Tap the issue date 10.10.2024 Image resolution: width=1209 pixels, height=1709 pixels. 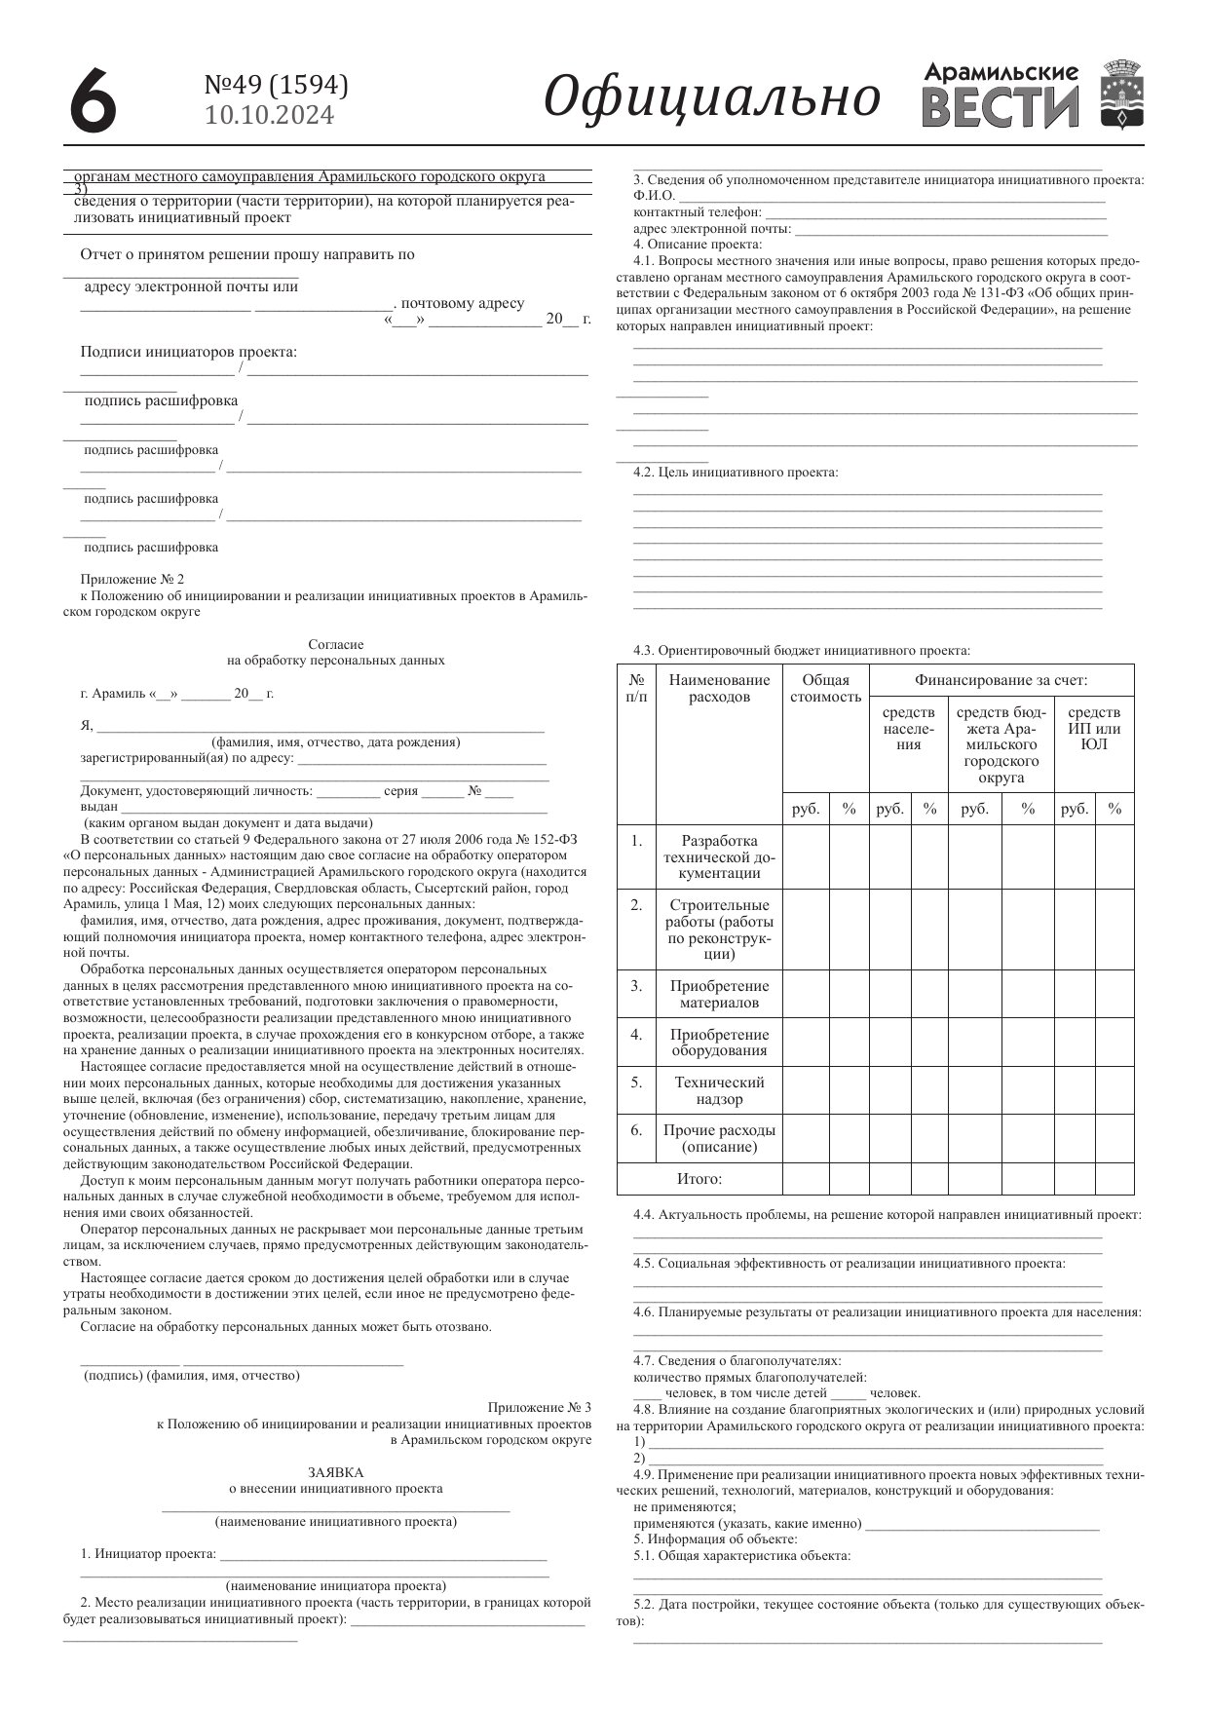click(270, 116)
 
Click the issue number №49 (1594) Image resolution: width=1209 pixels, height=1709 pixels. click(276, 86)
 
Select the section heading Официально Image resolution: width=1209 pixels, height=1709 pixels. click(711, 96)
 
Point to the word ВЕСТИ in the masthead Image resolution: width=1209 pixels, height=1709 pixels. click(1001, 107)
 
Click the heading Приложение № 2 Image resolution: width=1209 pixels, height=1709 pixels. click(132, 579)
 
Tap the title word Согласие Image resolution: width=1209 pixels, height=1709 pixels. click(335, 644)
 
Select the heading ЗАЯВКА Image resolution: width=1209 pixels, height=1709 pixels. click(335, 1472)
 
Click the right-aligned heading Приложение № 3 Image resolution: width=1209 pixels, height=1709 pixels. click(539, 1407)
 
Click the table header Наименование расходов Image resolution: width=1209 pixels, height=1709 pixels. click(719, 688)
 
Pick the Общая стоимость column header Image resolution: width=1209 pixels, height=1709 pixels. click(825, 688)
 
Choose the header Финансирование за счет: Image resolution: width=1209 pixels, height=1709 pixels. click(1001, 680)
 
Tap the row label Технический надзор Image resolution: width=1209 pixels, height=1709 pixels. click(719, 1090)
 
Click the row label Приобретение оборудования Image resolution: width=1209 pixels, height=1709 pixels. click(719, 1042)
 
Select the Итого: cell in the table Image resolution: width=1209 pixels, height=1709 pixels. click(699, 1179)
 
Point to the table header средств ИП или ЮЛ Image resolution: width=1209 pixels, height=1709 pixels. click(1093, 728)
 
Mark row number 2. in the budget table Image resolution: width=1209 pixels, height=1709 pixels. click(636, 904)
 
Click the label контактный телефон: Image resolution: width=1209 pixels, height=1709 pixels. click(698, 211)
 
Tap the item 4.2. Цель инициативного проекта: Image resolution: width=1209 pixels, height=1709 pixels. click(736, 473)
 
